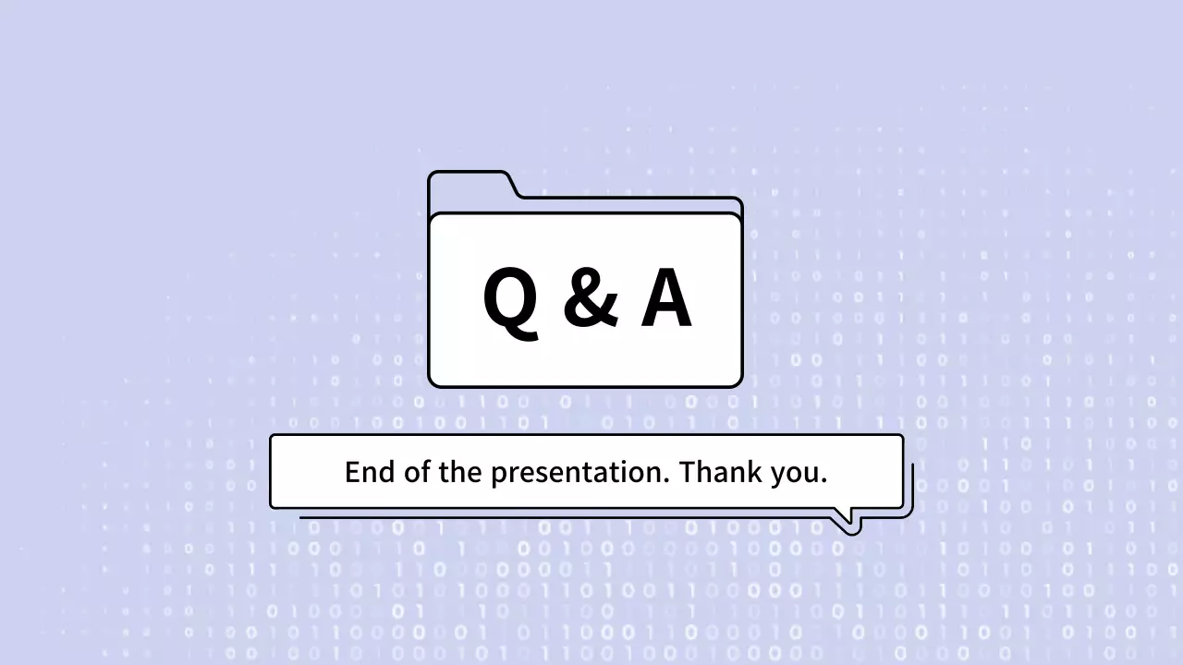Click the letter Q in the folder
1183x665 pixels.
tap(509, 300)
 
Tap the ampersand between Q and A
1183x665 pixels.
tap(589, 298)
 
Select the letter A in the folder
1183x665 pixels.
tap(666, 298)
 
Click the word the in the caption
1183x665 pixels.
tap(459, 473)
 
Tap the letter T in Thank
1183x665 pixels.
tap(688, 473)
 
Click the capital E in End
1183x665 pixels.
tap(352, 473)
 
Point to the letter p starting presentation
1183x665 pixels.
tap(497, 477)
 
